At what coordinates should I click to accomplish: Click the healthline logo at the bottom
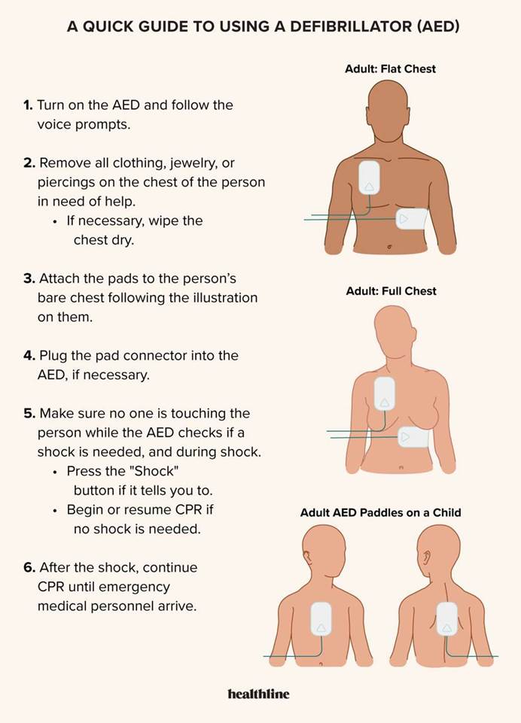point(258,694)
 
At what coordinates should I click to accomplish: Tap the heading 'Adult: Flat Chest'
point(391,68)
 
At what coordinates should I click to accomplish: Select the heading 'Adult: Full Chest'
point(391,291)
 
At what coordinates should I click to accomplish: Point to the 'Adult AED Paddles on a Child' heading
point(381,513)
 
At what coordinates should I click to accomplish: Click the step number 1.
point(28,105)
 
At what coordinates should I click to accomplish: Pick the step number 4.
point(29,356)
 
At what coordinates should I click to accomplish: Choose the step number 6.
point(29,567)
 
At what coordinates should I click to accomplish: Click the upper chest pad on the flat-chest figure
point(369,177)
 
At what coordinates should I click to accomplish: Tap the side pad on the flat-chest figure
point(412,219)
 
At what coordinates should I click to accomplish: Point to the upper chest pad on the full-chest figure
point(385,393)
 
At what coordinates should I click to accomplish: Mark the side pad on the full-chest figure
point(414,436)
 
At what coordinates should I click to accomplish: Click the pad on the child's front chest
point(321,619)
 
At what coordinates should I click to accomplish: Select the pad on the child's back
point(446,619)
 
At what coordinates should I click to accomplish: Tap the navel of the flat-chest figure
point(389,248)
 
